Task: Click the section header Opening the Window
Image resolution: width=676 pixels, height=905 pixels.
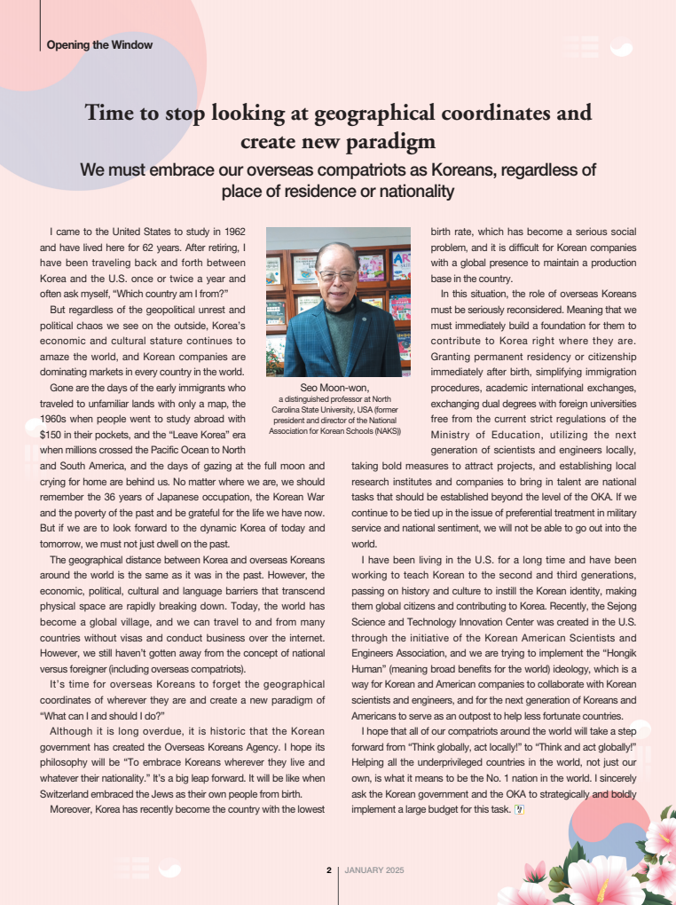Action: (99, 44)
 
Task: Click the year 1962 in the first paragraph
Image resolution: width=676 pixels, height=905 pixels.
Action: (229, 232)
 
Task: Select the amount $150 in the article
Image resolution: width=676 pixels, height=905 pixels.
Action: (56, 435)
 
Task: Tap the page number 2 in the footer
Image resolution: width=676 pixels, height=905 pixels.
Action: (328, 870)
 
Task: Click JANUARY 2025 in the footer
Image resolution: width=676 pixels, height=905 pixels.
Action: (374, 870)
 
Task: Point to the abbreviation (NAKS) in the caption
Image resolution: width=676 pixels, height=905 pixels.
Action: (383, 431)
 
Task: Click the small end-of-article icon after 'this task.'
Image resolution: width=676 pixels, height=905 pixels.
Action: (520, 808)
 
